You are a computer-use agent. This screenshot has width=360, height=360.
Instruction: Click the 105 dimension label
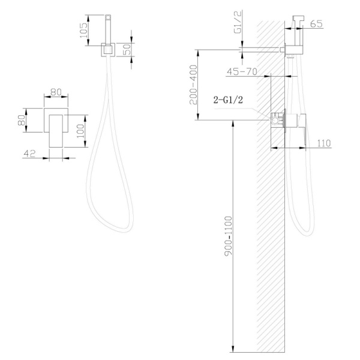pos(83,30)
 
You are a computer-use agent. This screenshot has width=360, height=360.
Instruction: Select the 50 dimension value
pos(127,49)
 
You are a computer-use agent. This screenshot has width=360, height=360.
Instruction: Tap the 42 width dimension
pos(29,154)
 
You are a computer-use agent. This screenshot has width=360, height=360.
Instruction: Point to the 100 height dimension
pos(80,131)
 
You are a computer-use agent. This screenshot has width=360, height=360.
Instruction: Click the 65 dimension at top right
pos(316,23)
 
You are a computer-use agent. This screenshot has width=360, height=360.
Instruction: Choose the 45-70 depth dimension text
pos(242,71)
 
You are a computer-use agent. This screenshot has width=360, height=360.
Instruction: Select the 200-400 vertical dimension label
pos(193,85)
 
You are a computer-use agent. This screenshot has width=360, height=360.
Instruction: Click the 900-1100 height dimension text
pos(229,236)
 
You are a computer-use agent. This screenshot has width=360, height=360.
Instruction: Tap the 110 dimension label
pos(324,143)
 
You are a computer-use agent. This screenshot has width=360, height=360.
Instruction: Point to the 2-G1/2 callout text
pos(228,100)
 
